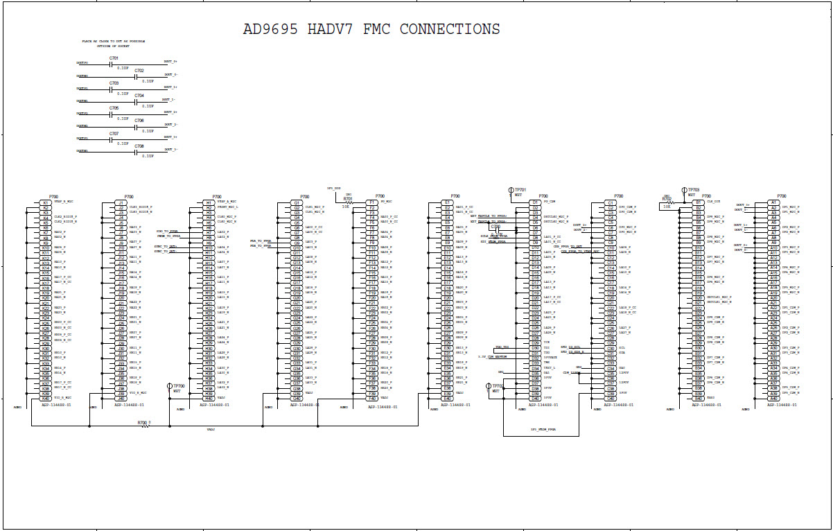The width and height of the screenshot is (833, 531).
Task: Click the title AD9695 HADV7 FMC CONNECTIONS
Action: (371, 29)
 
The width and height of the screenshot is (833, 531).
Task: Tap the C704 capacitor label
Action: (139, 95)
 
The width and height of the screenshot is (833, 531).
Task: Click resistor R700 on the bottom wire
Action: (146, 426)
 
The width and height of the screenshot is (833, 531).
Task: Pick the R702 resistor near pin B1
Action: (668, 202)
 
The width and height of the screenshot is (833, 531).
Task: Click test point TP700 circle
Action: (170, 386)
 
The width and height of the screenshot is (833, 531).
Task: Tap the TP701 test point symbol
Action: (511, 190)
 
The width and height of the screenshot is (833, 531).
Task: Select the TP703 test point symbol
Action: (684, 190)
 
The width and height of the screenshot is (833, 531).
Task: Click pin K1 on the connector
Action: (46, 202)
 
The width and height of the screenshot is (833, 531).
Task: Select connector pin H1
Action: (209, 202)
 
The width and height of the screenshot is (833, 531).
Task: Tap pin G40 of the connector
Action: (297, 399)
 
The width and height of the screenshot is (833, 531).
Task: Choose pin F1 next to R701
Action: (372, 202)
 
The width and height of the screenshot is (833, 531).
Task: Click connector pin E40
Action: (448, 399)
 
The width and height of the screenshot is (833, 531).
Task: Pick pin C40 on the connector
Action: (611, 399)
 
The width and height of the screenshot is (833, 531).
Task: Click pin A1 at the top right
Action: (773, 202)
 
